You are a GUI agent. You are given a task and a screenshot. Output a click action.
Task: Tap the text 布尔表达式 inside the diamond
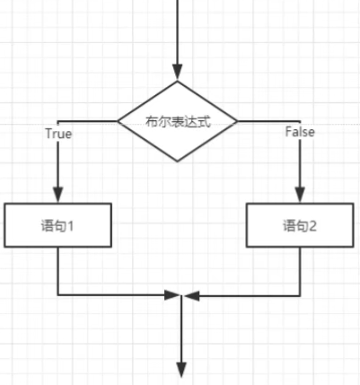coord(179,122)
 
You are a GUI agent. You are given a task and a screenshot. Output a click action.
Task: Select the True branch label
coord(59,134)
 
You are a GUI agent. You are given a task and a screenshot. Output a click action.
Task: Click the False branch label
coord(300,132)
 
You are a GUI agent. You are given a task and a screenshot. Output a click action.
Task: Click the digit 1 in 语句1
coord(69,226)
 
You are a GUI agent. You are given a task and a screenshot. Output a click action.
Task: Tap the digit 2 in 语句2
coord(312,226)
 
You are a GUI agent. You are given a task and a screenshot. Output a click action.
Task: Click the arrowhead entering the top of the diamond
coord(178,72)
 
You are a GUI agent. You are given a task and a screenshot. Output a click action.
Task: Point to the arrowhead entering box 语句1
coord(58,195)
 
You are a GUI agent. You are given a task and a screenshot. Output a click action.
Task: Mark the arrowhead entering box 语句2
coord(300,195)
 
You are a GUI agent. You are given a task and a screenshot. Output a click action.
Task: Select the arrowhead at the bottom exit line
coord(181,370)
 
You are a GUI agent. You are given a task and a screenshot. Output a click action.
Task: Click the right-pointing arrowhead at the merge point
coord(172,295)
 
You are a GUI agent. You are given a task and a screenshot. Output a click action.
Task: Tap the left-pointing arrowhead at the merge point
coord(192,296)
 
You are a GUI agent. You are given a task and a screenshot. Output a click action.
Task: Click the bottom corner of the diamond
coord(178,162)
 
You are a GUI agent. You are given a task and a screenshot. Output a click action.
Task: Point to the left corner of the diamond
coord(118,121)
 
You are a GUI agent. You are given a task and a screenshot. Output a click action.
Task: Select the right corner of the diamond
coord(237,121)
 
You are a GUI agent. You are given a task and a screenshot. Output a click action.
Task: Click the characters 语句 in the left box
coord(53,226)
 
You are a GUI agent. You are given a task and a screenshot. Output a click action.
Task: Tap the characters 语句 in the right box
coord(295,226)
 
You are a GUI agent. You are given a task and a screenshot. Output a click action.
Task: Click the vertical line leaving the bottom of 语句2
coord(300,272)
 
